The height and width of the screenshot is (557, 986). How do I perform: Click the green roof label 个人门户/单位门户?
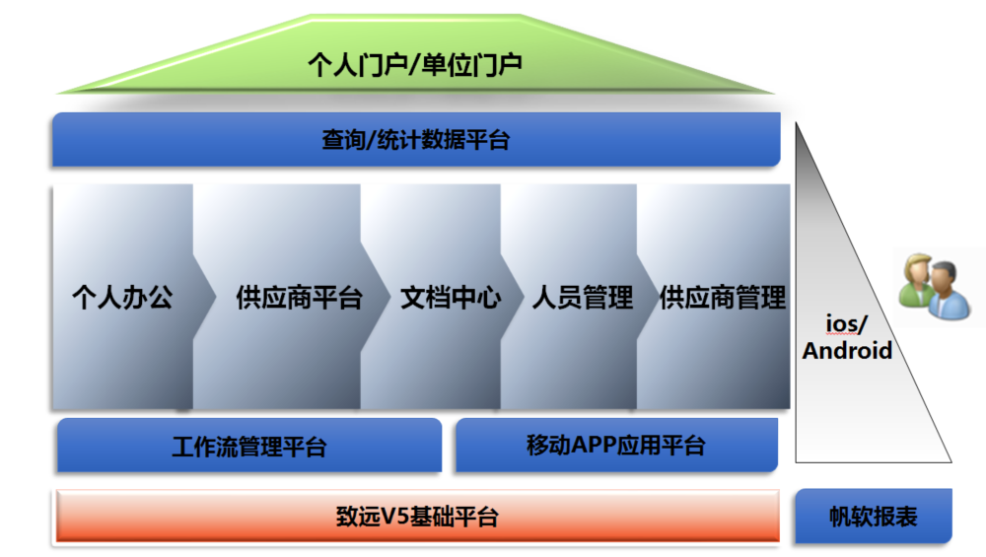415,65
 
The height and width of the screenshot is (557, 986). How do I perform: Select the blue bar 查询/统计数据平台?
416,140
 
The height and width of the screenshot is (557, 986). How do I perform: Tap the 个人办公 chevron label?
122,298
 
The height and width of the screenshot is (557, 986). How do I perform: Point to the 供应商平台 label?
300,298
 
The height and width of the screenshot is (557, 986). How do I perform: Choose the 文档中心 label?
451,298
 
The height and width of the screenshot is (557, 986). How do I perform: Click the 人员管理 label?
583,298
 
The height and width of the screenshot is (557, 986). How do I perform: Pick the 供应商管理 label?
723,298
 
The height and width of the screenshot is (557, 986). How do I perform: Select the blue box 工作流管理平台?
249,446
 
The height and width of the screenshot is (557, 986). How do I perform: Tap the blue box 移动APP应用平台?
616,446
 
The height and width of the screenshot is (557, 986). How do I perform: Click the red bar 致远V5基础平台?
417,517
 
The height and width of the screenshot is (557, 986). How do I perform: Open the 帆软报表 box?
874,517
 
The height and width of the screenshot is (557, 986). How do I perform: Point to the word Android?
847,351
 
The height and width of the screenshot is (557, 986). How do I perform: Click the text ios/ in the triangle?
846,324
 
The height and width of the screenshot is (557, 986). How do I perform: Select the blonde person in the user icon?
916,280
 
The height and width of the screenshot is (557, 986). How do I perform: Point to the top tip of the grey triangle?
797,123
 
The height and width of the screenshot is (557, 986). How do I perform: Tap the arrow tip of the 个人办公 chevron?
216,296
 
